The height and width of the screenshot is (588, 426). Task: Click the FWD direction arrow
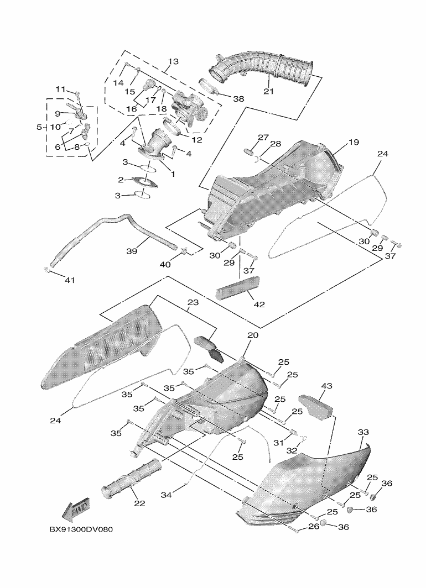pyautogui.click(x=76, y=511)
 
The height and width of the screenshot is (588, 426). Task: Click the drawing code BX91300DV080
pyautogui.click(x=81, y=529)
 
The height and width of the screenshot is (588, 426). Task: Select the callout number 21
pyautogui.click(x=268, y=91)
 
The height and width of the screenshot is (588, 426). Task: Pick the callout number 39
pyautogui.click(x=131, y=251)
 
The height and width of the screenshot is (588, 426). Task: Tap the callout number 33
pyautogui.click(x=363, y=432)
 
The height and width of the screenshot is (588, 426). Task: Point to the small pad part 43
pyautogui.click(x=315, y=405)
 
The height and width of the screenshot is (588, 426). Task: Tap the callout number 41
pyautogui.click(x=69, y=280)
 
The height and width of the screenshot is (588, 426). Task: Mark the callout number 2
pyautogui.click(x=120, y=180)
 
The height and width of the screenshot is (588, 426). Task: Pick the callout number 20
pyautogui.click(x=252, y=335)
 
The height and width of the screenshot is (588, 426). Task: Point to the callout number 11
pyautogui.click(x=60, y=89)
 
